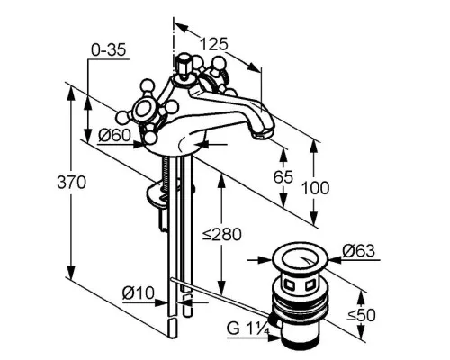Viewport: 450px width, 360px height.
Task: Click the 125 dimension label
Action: coord(214,44)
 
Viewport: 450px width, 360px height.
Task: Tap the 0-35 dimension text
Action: coord(109,50)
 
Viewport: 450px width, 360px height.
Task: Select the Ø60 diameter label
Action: coord(115,135)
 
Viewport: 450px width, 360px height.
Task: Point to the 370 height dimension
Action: coord(71,182)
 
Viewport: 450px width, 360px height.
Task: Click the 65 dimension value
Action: coord(283,176)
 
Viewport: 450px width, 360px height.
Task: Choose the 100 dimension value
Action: coord(315,188)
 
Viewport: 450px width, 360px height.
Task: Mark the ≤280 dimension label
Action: coord(221,234)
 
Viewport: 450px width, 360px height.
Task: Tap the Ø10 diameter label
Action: coord(139,292)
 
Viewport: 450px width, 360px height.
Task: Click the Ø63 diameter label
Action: coord(359,251)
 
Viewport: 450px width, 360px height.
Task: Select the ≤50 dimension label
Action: coord(362,315)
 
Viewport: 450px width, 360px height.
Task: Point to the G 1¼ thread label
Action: coord(248,328)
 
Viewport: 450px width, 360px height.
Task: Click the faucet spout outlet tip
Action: coord(262,134)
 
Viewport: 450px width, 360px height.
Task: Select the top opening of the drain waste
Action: coord(301,257)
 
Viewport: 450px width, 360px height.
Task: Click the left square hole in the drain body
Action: coord(289,285)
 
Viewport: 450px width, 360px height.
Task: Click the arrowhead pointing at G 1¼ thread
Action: coord(274,337)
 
